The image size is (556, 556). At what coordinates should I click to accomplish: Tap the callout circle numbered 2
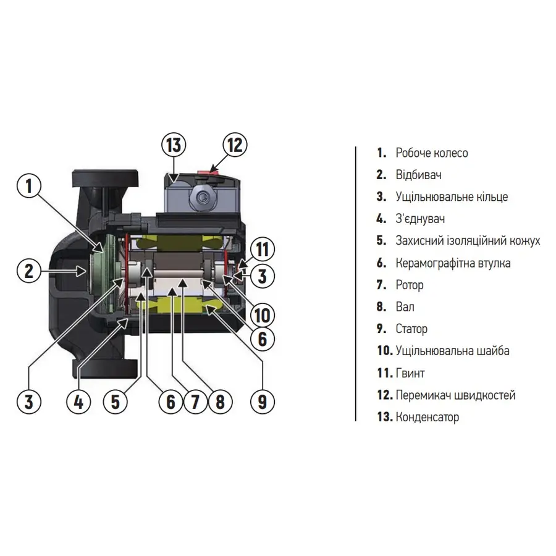pos(29,271)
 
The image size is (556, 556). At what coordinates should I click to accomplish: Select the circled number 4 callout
pos(78,402)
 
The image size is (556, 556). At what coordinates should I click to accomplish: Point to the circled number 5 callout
pos(116,402)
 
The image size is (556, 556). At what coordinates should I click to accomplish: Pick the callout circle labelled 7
pos(195,402)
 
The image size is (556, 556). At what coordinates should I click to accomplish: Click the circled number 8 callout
pos(219,402)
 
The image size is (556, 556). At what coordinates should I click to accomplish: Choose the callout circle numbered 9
pos(263,402)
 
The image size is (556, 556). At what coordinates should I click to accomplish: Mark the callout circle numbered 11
pos(263,250)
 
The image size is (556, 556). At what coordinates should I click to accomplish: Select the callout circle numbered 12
pos(234,146)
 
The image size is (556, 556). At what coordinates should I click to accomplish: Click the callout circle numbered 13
pos(175,146)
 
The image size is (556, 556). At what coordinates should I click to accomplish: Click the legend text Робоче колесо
pos(431,153)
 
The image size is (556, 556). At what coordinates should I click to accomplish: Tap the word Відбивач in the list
pos(418,175)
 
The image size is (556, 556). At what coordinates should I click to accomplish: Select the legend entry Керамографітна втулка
pos(453,263)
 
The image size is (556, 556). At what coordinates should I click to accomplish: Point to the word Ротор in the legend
pos(410,285)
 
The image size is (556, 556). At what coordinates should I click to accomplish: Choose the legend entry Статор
pos(411,329)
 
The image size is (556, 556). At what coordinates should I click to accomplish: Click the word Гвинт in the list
pos(410,373)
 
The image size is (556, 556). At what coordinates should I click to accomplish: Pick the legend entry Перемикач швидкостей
pos(455,395)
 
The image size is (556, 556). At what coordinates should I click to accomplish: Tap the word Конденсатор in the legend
pos(427,417)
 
